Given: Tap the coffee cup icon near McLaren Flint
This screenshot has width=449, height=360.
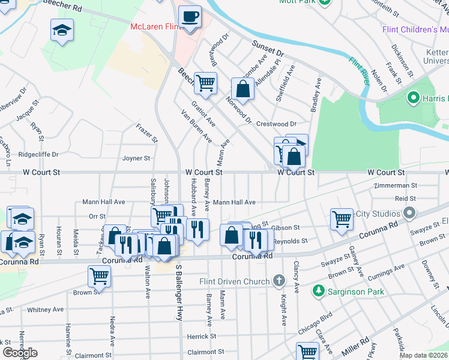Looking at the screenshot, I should point(190,17).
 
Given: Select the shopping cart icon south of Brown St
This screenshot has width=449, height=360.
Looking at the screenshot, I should point(100,277).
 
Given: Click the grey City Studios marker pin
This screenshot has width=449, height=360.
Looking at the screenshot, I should point(410,213).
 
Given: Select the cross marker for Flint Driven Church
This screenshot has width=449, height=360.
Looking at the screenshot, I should point(278,280).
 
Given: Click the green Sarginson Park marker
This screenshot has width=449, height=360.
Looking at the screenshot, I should point(319,292).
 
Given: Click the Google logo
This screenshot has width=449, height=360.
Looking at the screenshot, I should point(20,352).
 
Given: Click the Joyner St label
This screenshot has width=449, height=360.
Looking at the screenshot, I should point(136,158).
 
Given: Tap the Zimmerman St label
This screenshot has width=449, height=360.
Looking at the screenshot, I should point(395,186).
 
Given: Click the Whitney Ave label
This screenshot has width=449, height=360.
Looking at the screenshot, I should point(45,310).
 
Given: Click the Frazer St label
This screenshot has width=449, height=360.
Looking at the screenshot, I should point(147,134).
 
